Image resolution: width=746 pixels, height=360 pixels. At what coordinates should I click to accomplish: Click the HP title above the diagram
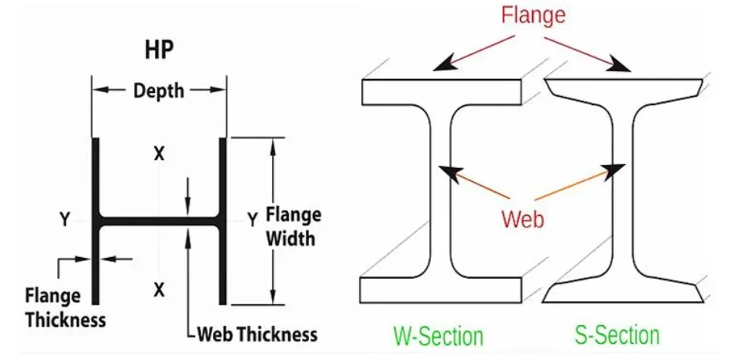click(159, 50)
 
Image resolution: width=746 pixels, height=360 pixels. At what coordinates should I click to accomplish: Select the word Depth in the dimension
click(159, 91)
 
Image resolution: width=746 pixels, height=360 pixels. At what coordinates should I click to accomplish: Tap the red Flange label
click(533, 15)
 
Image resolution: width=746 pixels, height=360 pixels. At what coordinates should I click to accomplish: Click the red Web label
click(523, 219)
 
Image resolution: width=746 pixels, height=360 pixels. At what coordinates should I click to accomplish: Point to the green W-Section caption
click(438, 336)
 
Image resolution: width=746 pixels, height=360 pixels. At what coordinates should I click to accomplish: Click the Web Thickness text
click(257, 334)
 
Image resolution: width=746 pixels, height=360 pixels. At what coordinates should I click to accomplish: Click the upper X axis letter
click(159, 153)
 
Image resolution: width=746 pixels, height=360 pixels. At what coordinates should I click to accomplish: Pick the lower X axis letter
click(159, 289)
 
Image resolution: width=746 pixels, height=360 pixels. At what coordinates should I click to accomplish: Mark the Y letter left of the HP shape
click(65, 219)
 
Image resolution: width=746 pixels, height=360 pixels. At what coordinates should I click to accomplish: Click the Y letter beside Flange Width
click(253, 219)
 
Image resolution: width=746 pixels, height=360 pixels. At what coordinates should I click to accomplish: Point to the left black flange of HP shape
click(95, 221)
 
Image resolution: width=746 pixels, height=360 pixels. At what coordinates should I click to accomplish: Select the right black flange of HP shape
click(222, 221)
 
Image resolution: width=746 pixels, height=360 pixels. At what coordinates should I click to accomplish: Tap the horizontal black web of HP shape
click(159, 221)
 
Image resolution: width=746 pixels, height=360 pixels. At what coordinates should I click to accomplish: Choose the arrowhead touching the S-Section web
click(613, 172)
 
